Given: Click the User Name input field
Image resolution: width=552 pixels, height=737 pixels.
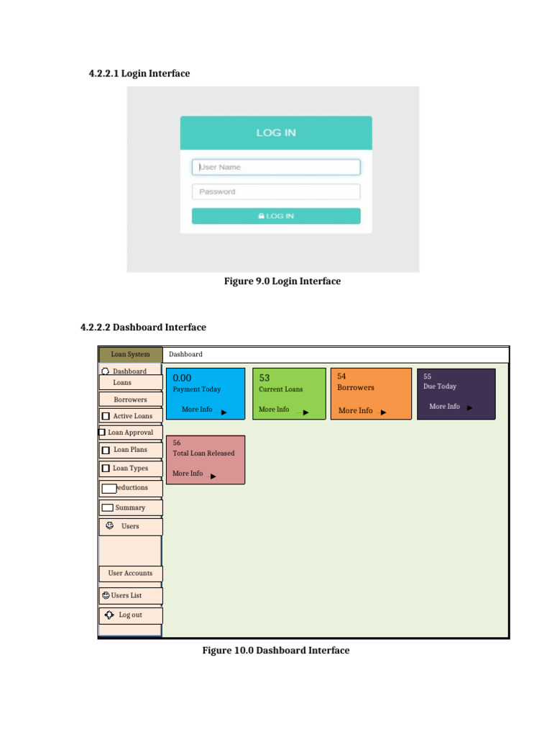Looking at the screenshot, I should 276,167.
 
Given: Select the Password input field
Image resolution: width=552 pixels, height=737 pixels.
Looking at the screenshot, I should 276,191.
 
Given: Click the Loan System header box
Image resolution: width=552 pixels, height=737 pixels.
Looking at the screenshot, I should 130,354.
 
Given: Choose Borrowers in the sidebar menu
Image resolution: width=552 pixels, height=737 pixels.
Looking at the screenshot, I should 130,399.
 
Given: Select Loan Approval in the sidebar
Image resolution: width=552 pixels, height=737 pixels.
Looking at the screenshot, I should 130,433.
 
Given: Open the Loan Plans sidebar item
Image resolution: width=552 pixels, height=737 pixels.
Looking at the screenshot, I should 130,450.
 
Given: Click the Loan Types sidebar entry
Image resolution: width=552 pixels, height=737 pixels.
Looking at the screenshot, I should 130,469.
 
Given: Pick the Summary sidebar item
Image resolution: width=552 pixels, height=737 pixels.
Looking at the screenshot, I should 130,507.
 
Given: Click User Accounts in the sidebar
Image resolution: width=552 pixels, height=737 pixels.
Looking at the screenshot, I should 130,574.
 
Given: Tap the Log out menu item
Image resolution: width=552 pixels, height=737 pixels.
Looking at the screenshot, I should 130,615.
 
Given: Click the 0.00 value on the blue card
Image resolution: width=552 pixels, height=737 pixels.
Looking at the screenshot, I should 182,378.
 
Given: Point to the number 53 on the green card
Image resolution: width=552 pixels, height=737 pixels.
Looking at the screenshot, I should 264,378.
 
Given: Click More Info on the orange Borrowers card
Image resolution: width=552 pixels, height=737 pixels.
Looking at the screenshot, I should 356,410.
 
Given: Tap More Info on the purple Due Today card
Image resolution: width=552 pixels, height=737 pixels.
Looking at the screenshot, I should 444,407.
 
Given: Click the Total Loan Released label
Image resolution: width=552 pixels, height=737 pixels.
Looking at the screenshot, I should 203,453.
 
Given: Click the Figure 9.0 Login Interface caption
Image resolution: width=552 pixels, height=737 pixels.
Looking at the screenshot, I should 282,281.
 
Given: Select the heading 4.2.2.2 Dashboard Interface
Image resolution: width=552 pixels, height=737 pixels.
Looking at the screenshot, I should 143,327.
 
